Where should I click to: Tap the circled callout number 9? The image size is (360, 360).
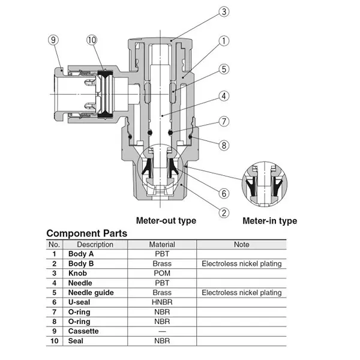point(53,40)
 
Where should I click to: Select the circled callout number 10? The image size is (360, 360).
point(91,40)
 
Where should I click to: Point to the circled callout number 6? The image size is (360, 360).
point(223,193)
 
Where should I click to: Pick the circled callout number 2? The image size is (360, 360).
point(223,211)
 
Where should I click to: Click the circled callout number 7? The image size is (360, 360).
point(223,121)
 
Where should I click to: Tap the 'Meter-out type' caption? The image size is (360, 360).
point(166,221)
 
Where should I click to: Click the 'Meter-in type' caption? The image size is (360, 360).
point(269,221)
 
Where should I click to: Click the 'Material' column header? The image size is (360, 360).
point(162,245)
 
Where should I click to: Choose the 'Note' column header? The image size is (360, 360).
point(241,245)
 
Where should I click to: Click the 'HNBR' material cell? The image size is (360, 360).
point(162,302)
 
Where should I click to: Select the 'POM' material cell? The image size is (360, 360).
point(162,274)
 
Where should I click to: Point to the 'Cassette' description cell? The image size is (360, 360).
point(83,331)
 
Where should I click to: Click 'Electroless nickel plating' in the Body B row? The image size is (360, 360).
point(241,264)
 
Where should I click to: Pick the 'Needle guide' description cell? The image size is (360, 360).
point(91,293)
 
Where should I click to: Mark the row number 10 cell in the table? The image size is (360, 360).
point(54,341)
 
